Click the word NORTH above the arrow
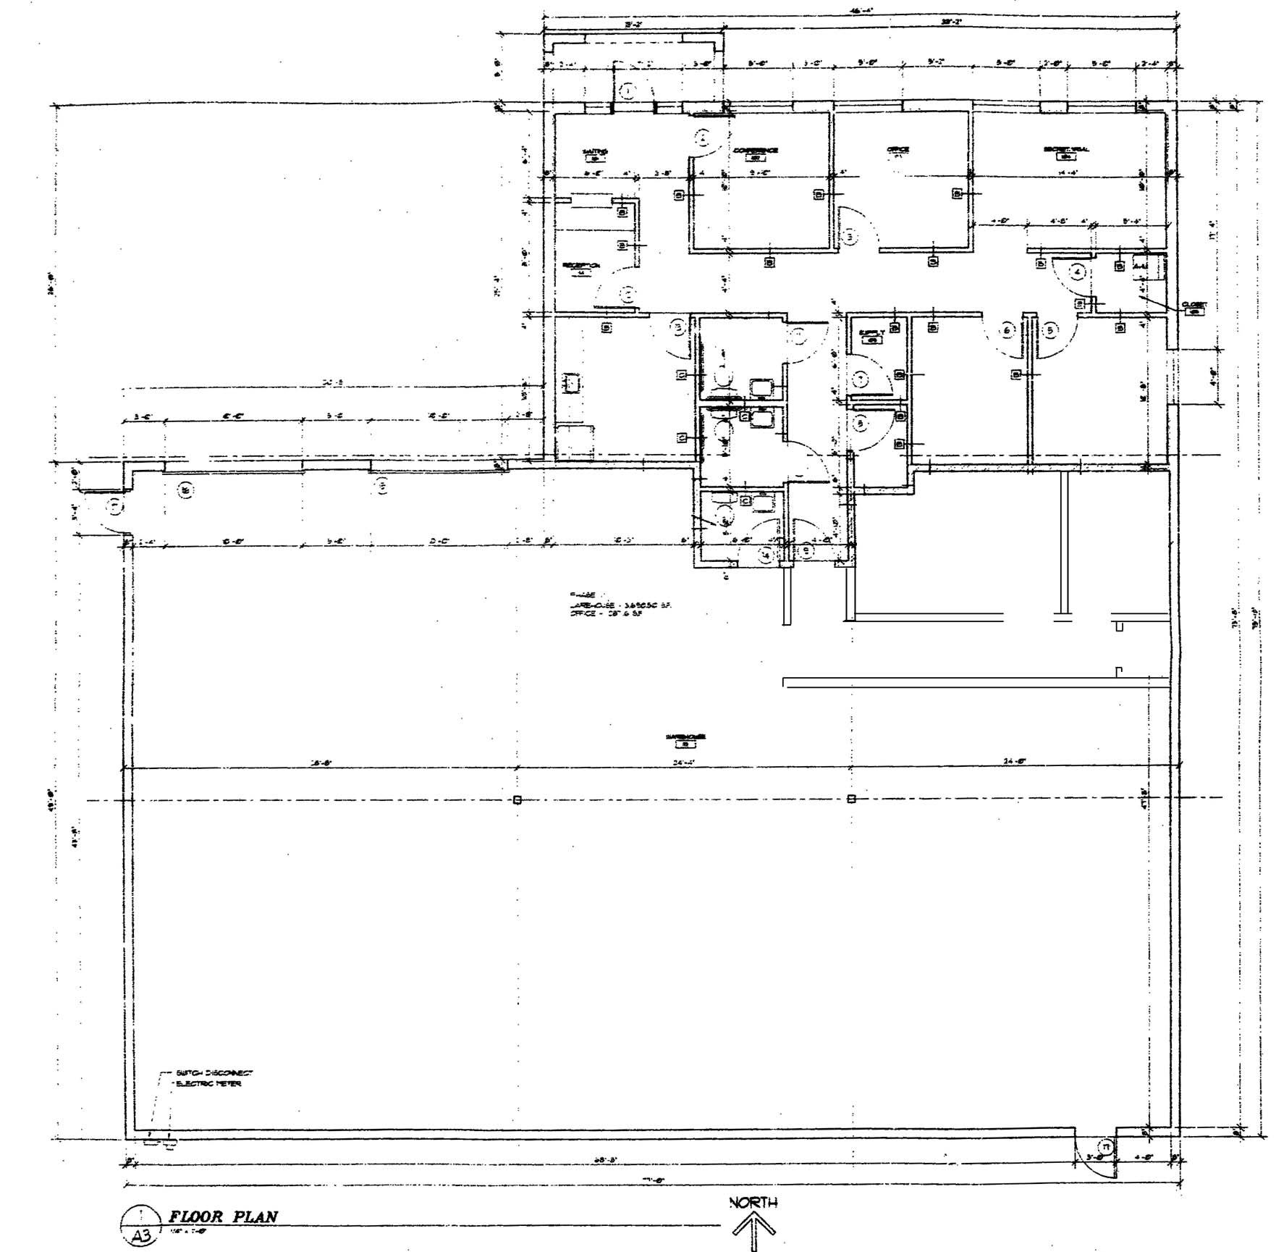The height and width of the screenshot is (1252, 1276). (753, 1203)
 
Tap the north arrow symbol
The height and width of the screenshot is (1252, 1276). (753, 1230)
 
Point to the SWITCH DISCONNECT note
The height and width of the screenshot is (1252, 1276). (214, 1072)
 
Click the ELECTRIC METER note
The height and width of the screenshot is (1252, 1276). (209, 1083)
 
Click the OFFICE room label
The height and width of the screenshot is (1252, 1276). (897, 151)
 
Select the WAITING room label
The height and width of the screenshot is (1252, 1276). (595, 152)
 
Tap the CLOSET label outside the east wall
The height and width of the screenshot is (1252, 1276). (1193, 305)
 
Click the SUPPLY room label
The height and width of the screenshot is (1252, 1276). (871, 334)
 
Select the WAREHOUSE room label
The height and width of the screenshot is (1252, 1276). (680, 737)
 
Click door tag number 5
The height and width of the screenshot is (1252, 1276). (1050, 330)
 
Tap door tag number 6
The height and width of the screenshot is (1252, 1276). (1007, 330)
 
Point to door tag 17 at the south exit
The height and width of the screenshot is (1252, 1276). (1105, 1146)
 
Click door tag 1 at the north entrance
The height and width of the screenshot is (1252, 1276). (628, 91)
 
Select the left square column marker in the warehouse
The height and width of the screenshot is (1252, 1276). (517, 799)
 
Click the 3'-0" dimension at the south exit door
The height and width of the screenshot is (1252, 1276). (1094, 1157)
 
